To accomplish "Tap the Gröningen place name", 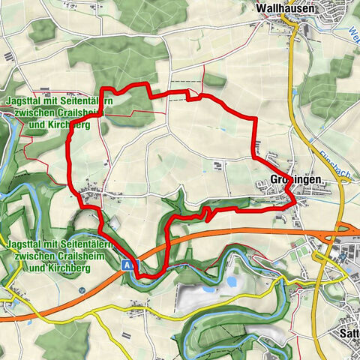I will click(x=296, y=181).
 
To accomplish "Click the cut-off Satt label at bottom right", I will click(x=349, y=331).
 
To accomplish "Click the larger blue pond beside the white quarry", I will click(x=232, y=282).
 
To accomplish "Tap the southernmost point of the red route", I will click(x=145, y=276).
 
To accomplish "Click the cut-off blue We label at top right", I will click(x=353, y=34).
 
